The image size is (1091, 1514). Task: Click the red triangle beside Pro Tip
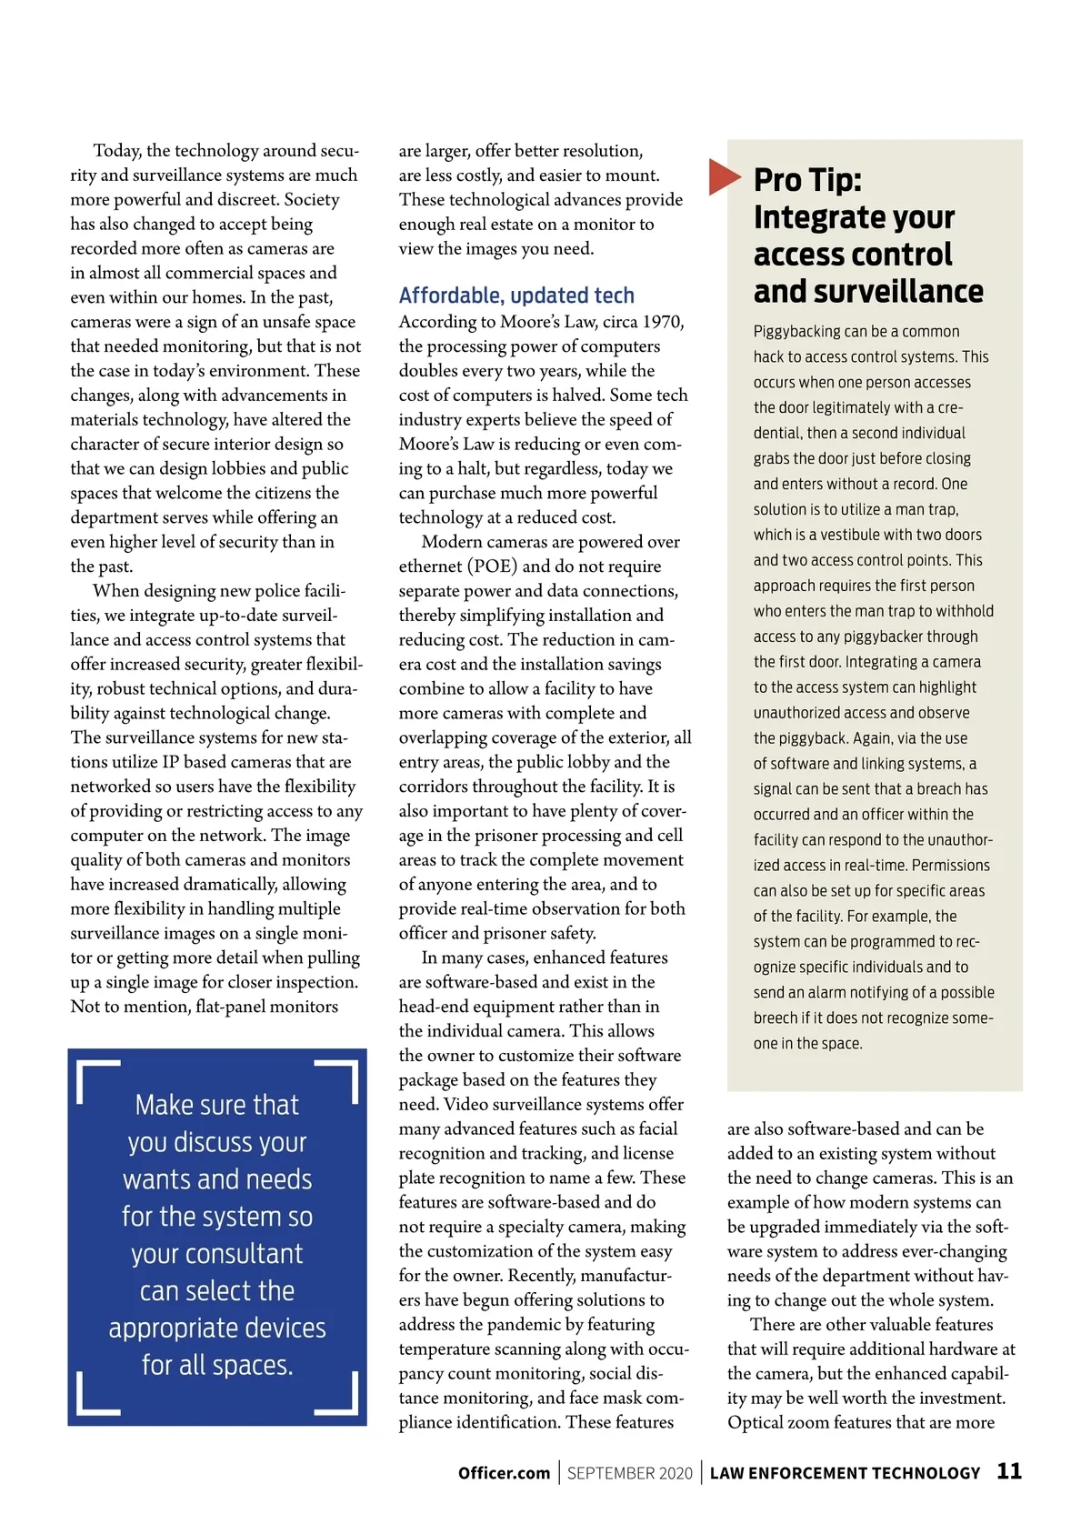724,176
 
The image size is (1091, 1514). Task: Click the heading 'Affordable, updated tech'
516,296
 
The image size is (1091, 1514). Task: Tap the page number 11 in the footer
1009,1471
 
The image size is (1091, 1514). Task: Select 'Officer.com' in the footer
504,1473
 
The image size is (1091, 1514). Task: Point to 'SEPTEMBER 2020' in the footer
629,1473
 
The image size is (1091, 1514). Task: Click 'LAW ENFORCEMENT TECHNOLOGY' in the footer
845,1473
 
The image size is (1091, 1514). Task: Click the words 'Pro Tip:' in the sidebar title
807,180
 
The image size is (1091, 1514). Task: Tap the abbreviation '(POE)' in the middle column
492,566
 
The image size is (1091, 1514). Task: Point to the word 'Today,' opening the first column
117,151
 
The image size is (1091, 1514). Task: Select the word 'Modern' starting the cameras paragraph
451,542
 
